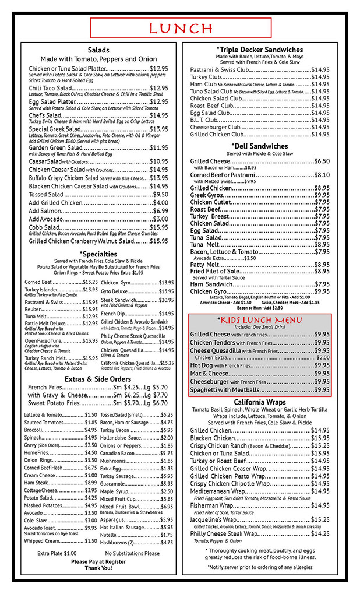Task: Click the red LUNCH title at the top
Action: point(181,28)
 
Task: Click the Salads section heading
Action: point(98,50)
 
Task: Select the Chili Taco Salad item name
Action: point(50,88)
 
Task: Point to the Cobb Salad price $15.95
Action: point(159,227)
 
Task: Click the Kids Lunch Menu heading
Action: point(259,321)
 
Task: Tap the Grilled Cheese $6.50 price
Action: point(322,161)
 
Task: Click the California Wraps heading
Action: point(260,402)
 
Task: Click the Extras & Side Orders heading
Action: point(98,379)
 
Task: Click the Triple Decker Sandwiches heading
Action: point(259,50)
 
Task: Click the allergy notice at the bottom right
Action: point(260,567)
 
